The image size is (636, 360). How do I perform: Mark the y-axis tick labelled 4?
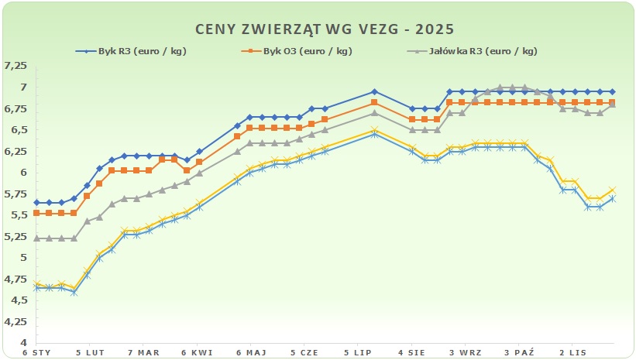23,342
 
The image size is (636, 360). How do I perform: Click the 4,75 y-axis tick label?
15,279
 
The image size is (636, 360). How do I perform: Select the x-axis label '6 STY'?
36,352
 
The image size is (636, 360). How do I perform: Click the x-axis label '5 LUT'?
90,352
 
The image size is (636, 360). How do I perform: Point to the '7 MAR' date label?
143,352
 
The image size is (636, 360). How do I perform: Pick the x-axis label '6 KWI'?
197,352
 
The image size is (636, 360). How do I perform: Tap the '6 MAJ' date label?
250,352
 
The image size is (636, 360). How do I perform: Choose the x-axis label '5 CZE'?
304,352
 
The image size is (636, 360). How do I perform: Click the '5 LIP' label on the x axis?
357,352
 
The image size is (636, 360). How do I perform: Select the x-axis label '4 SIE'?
411,352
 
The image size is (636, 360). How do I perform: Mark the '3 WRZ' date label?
464,352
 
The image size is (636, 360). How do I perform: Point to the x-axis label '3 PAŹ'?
517,352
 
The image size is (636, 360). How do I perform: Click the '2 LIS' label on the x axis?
571,352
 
